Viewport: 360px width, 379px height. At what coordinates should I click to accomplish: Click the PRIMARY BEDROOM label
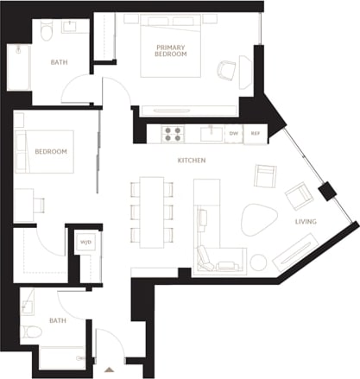click(171, 50)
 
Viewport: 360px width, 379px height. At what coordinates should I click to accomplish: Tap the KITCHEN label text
click(191, 161)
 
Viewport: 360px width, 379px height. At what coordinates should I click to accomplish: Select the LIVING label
click(306, 222)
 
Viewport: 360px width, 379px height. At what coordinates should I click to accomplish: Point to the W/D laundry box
click(86, 242)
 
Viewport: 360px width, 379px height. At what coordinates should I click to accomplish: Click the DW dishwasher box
click(234, 134)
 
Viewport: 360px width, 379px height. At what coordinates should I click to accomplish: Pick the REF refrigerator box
click(256, 134)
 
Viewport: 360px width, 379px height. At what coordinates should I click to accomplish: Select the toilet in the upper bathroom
click(48, 32)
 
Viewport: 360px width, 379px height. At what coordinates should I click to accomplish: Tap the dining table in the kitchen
click(152, 210)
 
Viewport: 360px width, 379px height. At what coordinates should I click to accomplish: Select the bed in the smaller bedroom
click(43, 152)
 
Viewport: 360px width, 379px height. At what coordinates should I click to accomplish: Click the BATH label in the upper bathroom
click(60, 61)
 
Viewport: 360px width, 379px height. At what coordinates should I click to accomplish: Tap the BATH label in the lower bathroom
click(58, 320)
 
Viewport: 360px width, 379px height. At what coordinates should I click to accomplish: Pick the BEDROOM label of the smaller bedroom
click(51, 151)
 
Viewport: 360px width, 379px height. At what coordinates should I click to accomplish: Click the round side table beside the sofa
click(258, 262)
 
